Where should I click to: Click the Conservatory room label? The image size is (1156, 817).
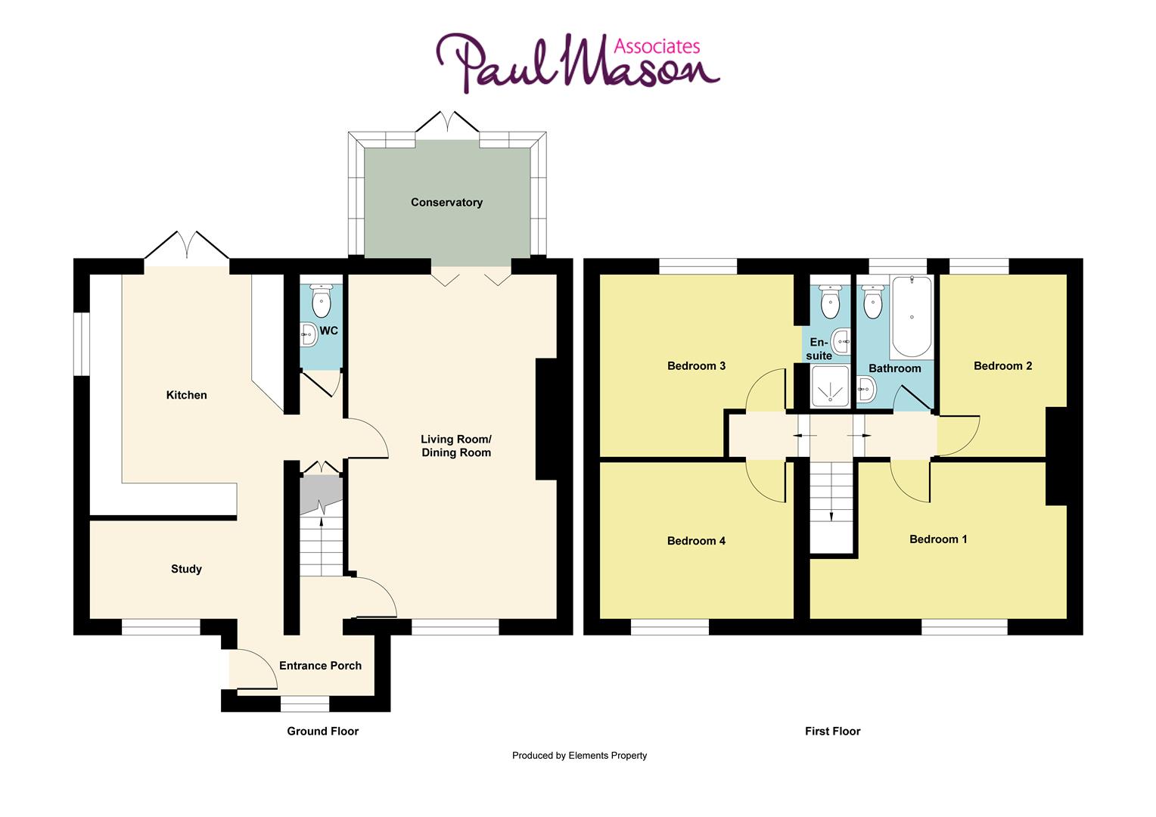(x=446, y=203)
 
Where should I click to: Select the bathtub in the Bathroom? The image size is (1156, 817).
(x=912, y=317)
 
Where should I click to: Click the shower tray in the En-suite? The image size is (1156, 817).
(x=829, y=387)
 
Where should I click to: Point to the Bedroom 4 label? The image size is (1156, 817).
(x=696, y=541)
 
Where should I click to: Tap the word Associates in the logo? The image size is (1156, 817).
(x=645, y=47)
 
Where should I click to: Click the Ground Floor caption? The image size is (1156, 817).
(x=322, y=731)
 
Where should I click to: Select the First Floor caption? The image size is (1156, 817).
(x=832, y=731)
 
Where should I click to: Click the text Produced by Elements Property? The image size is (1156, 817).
(x=579, y=755)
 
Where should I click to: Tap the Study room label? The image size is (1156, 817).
(x=186, y=569)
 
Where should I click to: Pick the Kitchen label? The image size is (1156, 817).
(x=186, y=395)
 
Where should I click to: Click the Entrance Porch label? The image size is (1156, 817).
(x=320, y=666)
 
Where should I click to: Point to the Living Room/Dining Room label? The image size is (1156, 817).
(x=456, y=446)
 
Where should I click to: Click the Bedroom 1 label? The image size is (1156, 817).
(x=938, y=539)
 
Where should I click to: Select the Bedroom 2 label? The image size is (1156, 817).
(x=1002, y=366)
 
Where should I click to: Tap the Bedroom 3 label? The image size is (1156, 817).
(x=696, y=366)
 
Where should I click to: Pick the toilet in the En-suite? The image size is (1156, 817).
(x=831, y=302)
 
